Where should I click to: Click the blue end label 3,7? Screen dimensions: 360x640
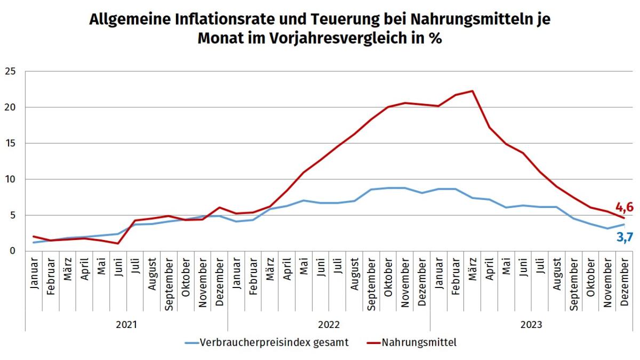coord(624,237)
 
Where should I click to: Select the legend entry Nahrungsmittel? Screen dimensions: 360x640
coord(419,342)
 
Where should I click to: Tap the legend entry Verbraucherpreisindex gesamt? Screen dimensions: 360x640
coord(274,342)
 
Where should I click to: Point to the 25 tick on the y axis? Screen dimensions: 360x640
coord(10,71)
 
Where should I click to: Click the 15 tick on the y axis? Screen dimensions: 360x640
coord(10,143)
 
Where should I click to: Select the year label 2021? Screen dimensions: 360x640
coord(126,324)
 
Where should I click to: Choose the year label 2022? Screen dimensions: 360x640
coord(329,324)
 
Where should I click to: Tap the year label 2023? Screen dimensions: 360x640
coord(531,324)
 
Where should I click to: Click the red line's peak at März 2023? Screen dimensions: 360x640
coord(473,91)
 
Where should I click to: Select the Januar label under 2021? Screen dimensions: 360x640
coord(34,275)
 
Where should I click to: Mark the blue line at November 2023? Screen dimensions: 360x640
coord(607,228)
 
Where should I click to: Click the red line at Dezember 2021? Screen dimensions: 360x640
coord(220,207)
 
